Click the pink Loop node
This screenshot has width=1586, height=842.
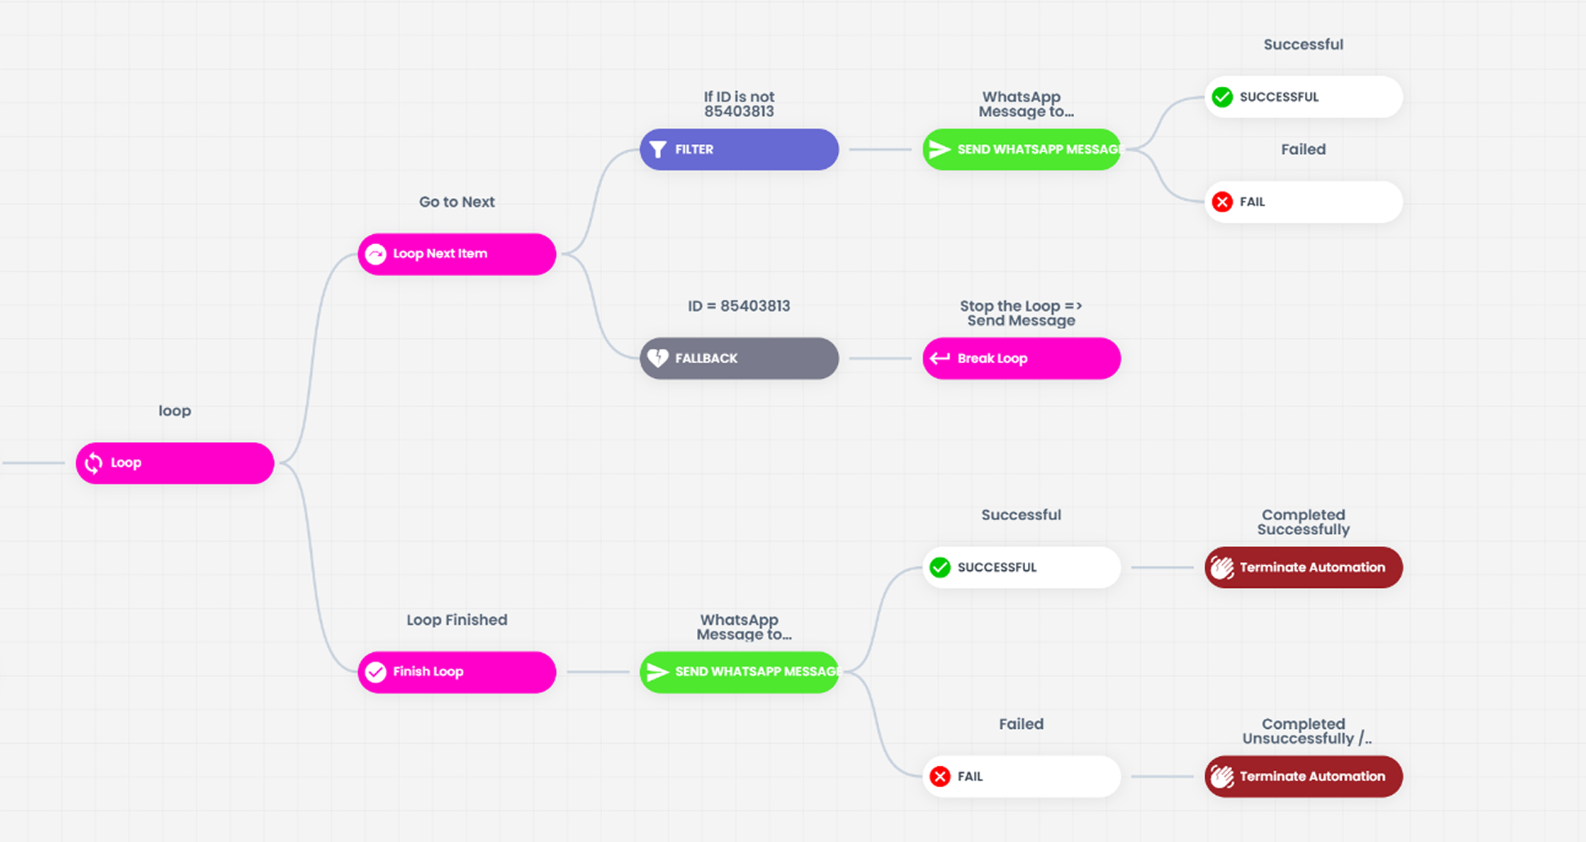[x=174, y=463]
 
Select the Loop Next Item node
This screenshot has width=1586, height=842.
[x=456, y=254]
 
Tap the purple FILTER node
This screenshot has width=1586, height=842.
[x=739, y=149]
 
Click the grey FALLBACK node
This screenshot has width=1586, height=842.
[x=739, y=358]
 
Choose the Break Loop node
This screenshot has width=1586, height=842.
[x=1022, y=358]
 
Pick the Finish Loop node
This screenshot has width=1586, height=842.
[x=456, y=672]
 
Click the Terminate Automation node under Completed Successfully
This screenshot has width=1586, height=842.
[x=1303, y=567]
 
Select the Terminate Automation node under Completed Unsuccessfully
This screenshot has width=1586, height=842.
[x=1303, y=776]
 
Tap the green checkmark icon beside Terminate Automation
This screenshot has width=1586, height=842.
[x=940, y=567]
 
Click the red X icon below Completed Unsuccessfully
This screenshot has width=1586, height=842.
[x=940, y=777]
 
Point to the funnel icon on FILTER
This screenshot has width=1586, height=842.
[x=658, y=149]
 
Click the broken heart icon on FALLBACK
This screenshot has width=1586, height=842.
[x=658, y=358]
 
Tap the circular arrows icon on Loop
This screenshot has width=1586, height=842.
[x=93, y=463]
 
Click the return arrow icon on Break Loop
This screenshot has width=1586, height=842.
[x=940, y=358]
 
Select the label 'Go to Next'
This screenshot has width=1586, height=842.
[x=456, y=202]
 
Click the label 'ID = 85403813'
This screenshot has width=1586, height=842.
[x=739, y=306]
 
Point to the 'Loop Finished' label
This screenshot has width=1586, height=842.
[x=456, y=620]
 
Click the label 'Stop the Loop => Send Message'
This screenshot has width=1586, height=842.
[x=1022, y=313]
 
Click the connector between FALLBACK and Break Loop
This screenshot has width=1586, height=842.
[x=880, y=358]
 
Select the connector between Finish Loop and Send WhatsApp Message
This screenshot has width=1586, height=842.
[x=598, y=672]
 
